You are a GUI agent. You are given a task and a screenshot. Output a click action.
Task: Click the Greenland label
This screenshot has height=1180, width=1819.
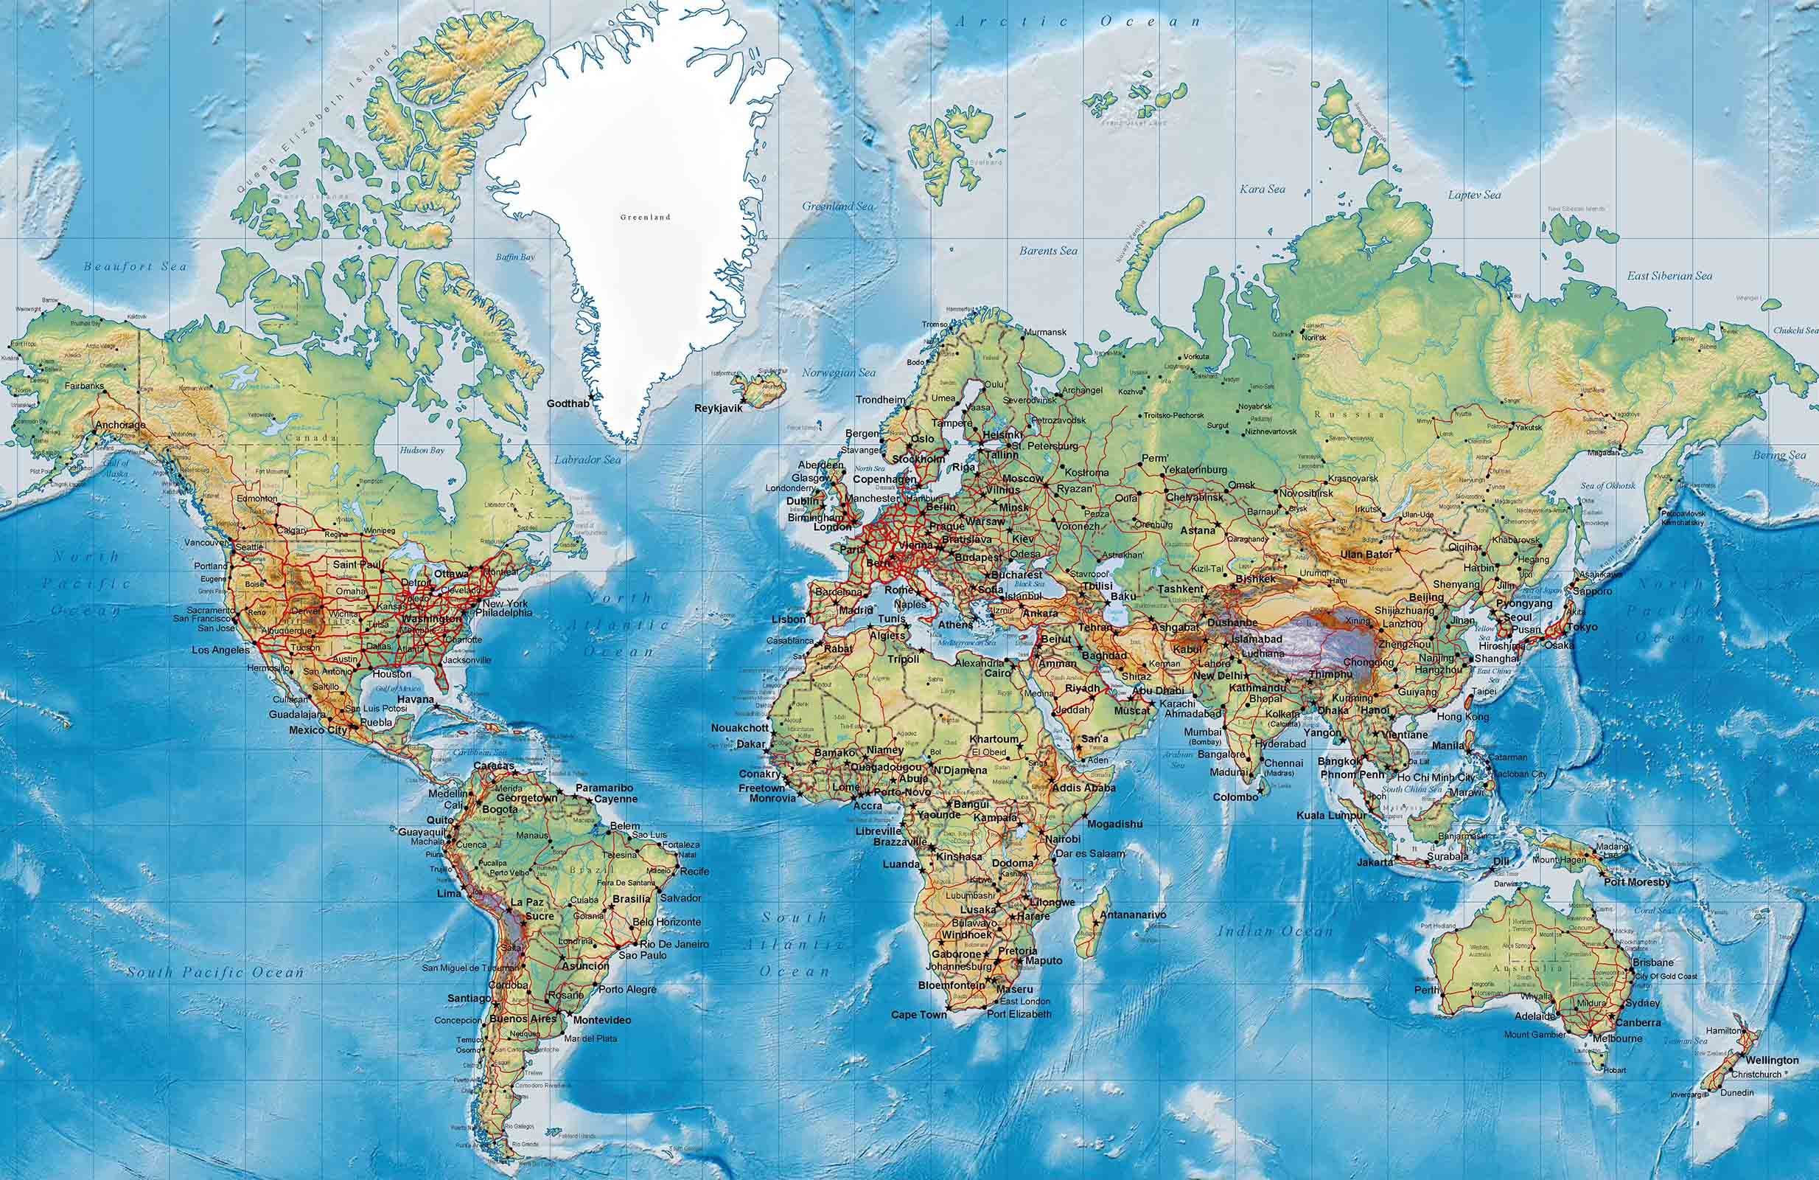[x=645, y=217]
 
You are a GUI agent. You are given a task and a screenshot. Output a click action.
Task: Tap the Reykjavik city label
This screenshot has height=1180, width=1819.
[x=718, y=409]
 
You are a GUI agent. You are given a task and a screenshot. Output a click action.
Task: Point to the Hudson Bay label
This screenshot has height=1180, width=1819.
[x=422, y=451]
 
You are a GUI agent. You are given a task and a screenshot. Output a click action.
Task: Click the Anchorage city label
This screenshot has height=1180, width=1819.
[x=120, y=426]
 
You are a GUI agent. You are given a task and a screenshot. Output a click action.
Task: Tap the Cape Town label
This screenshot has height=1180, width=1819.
[x=918, y=1015]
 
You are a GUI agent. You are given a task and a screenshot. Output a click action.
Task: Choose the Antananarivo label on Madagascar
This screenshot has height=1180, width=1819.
[x=1133, y=914]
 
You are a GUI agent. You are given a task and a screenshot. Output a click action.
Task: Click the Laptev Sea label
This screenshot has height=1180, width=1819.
[x=1474, y=195]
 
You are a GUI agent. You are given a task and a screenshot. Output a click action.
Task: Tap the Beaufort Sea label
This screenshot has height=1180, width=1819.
[x=136, y=267]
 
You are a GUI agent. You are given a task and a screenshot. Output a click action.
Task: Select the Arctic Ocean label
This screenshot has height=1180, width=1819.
[x=1078, y=22]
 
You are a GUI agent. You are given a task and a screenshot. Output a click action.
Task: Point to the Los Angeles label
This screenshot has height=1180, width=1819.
[x=220, y=650]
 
